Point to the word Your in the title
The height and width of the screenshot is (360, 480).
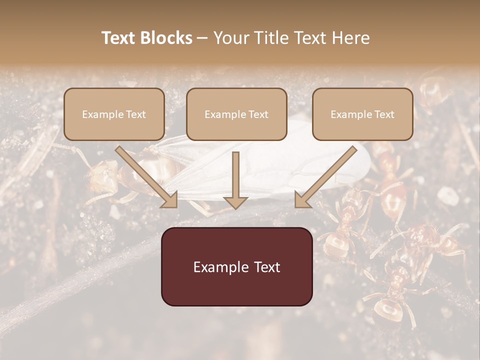point(231,38)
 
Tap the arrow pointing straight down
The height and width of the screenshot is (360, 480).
point(235,180)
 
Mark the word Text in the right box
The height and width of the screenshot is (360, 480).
point(384,114)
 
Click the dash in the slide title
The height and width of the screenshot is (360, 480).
point(202,38)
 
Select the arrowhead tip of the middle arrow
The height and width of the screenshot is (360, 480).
point(235,207)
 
